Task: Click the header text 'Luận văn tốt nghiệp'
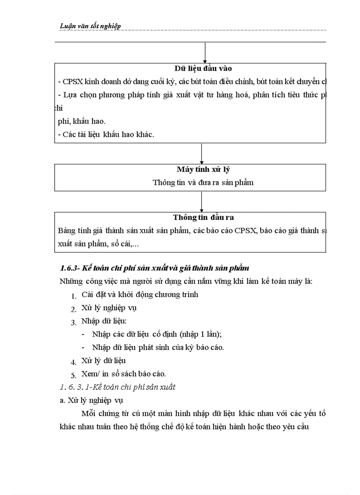90,26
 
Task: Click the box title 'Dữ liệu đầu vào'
203,68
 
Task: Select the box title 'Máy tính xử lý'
203,170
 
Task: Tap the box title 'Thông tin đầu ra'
203,217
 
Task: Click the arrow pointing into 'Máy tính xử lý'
202,154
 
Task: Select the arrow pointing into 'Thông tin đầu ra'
202,201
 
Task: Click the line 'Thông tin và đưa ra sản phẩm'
203,182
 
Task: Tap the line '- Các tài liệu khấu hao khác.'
106,134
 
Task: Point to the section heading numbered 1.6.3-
154,268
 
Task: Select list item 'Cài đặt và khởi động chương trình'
140,294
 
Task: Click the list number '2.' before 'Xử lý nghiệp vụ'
74,309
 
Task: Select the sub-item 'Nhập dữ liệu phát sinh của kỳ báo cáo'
158,347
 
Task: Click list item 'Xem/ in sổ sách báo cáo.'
124,374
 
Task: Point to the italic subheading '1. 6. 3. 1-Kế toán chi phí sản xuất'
117,387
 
